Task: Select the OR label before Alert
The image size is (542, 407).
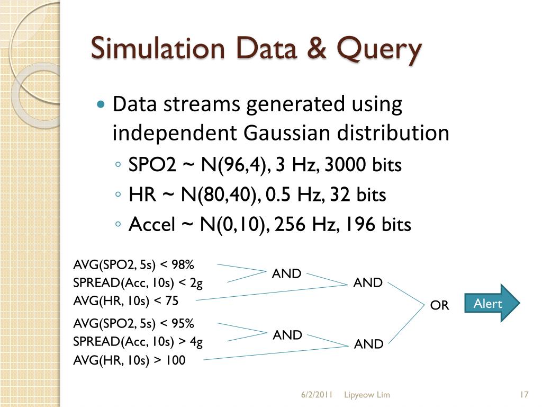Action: pyautogui.click(x=439, y=305)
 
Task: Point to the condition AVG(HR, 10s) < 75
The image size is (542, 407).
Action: pyautogui.click(x=125, y=301)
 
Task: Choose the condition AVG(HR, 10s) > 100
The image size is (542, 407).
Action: pyautogui.click(x=129, y=361)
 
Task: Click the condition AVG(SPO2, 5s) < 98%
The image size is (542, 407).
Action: pyautogui.click(x=133, y=264)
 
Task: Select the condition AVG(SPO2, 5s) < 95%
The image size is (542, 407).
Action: pyautogui.click(x=133, y=323)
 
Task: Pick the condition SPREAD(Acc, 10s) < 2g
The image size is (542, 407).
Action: pyautogui.click(x=138, y=283)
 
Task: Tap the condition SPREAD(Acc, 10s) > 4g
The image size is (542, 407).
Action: pyautogui.click(x=138, y=342)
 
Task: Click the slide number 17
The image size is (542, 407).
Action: pyautogui.click(x=525, y=395)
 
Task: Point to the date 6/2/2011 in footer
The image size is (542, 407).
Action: pyautogui.click(x=317, y=395)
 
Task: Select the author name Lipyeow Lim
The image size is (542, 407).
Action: pyautogui.click(x=366, y=395)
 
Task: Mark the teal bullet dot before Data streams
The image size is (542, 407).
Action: pyautogui.click(x=101, y=104)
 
